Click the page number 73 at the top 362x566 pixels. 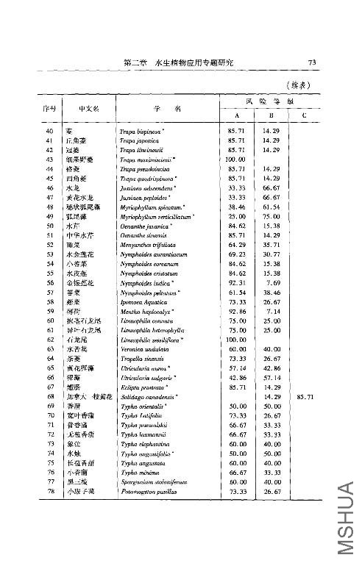tap(312, 64)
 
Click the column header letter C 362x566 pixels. tap(305, 115)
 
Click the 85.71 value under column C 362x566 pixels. tap(305, 397)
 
